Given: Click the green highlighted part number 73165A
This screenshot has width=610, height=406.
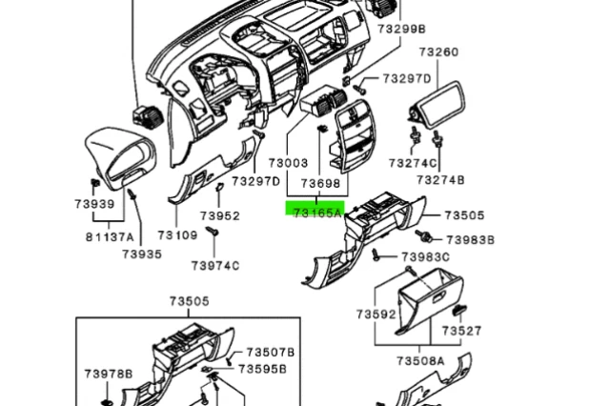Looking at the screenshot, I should (x=316, y=213).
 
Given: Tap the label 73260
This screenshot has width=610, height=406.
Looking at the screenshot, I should (x=438, y=51).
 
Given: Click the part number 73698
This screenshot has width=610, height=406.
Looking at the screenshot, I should (x=320, y=182).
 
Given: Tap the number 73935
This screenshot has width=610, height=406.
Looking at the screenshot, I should (x=142, y=254).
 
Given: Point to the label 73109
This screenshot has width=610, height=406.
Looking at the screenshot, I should (x=177, y=234).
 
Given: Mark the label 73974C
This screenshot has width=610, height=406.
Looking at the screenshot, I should (x=214, y=265).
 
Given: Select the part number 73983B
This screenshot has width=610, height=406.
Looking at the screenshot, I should (x=471, y=240).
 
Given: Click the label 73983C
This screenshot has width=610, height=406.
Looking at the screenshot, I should (x=425, y=257).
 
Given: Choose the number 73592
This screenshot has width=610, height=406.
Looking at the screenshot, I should (x=376, y=314).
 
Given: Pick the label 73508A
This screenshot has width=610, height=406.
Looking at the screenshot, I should (x=420, y=361).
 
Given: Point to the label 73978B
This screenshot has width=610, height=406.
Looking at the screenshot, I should (x=108, y=373).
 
